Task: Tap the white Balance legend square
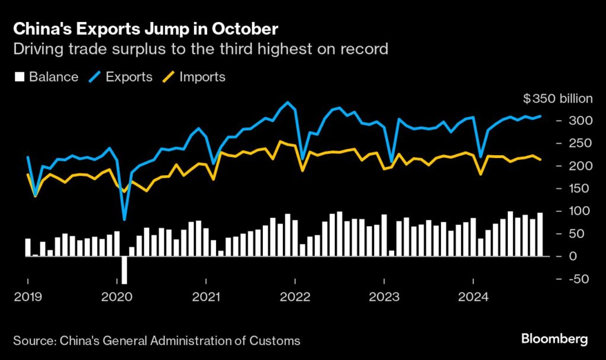[x=18, y=77]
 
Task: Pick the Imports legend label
[x=202, y=77]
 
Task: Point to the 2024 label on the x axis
[x=473, y=297]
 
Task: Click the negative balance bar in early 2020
[x=124, y=269]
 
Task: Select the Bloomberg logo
[x=554, y=339]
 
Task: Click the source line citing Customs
[x=156, y=340]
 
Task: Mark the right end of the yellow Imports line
[x=540, y=160]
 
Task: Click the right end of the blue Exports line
[x=540, y=116]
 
